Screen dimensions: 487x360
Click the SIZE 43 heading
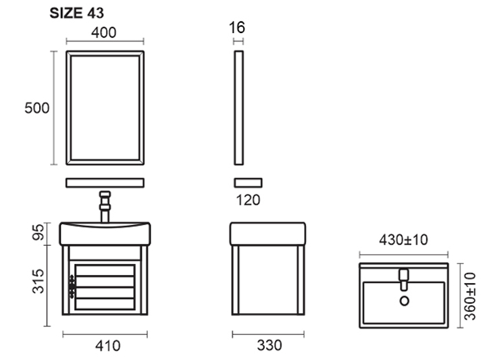tap(77, 13)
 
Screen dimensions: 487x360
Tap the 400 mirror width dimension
tap(104, 32)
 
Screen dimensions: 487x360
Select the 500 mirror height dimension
tap(37, 108)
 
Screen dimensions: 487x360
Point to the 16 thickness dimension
tap(237, 27)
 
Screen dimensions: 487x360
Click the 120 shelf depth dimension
tap(248, 200)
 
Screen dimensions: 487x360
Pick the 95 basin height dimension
tap(38, 232)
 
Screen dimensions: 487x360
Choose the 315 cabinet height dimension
tap(38, 282)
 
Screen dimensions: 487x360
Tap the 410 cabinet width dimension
tap(108, 346)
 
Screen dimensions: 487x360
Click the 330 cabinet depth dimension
tap(270, 345)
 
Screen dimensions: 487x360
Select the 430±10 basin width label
tap(403, 240)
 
